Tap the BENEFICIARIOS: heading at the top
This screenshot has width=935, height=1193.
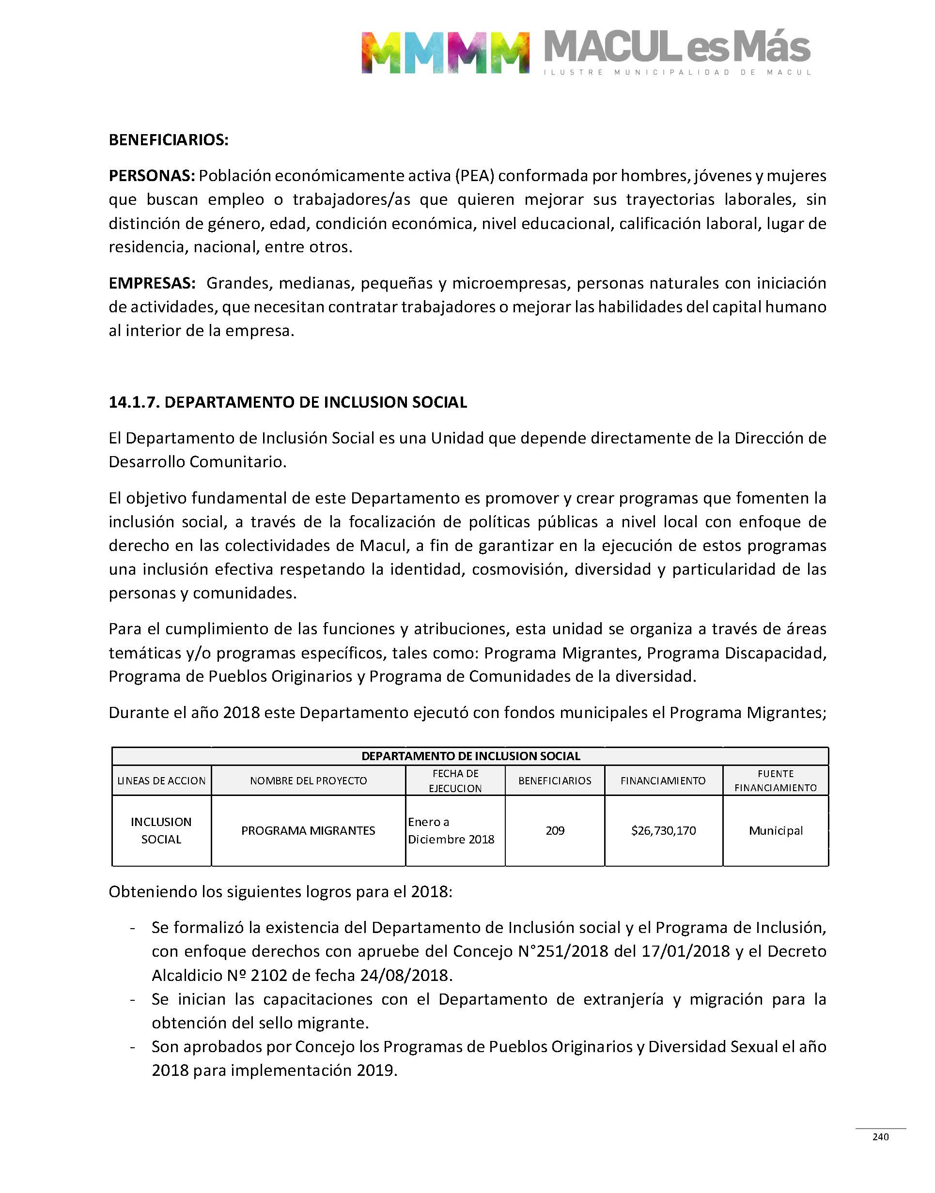click(169, 140)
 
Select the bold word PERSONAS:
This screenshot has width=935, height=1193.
click(152, 176)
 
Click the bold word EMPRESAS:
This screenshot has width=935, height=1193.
click(152, 283)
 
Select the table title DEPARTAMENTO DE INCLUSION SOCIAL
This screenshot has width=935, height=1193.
click(470, 756)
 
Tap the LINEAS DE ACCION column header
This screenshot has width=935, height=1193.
click(161, 780)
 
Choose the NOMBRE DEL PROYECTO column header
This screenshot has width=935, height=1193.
click(308, 780)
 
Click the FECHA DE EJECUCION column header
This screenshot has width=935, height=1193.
click(455, 780)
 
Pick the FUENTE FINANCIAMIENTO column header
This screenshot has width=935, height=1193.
click(775, 780)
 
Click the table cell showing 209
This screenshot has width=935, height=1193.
click(555, 830)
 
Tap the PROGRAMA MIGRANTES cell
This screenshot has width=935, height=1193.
click(308, 830)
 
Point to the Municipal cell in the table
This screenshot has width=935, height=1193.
click(775, 830)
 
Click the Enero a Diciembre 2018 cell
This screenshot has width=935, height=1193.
click(451, 830)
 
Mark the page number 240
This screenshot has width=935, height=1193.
click(880, 1137)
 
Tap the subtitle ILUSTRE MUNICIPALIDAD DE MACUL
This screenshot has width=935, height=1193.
click(677, 72)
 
